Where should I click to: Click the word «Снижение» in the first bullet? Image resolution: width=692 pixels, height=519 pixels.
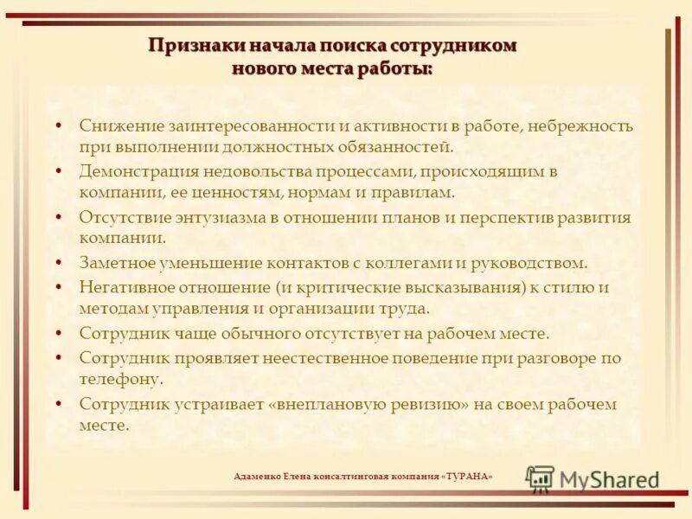[117, 126]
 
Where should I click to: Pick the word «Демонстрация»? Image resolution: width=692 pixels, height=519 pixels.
[133, 171]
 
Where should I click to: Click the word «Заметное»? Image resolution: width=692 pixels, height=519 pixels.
[117, 262]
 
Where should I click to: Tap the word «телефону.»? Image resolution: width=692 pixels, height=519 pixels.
[121, 379]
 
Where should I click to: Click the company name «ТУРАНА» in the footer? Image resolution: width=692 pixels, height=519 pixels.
[467, 477]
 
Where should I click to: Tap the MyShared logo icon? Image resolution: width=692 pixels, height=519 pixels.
[540, 478]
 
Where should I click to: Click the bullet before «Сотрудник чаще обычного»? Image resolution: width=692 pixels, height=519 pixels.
[58, 333]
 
